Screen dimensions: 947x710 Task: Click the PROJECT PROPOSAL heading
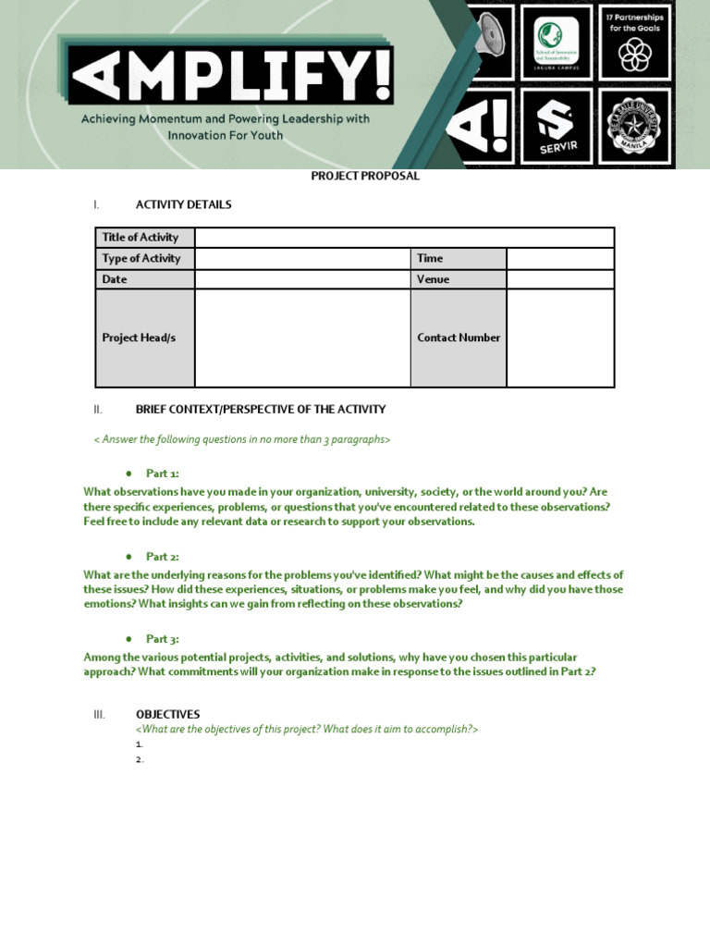[365, 176]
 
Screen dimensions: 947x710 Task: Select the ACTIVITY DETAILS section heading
[183, 204]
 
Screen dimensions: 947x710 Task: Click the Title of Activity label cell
[145, 238]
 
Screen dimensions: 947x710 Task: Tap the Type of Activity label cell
[145, 258]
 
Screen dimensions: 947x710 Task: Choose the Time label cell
[459, 258]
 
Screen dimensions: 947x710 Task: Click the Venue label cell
[459, 279]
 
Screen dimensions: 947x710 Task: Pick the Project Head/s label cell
[145, 338]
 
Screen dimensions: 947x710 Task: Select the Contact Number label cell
[459, 338]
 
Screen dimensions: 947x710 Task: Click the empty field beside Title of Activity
[404, 238]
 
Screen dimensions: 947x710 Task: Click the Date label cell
[145, 279]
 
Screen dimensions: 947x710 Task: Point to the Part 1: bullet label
[162, 473]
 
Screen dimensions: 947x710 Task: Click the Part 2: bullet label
[162, 556]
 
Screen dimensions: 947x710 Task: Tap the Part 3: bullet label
[162, 638]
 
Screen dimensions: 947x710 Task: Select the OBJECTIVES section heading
[167, 714]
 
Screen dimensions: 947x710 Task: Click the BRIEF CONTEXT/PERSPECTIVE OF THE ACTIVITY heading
[260, 409]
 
